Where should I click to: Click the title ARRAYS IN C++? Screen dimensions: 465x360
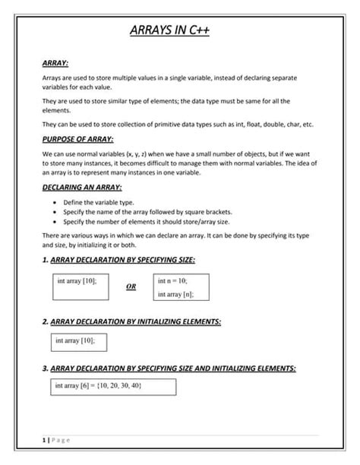[179, 31]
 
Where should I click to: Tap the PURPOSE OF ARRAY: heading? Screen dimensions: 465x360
[77, 139]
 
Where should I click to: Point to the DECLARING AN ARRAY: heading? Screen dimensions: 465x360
[81, 187]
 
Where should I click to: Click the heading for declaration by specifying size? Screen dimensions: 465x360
[119, 261]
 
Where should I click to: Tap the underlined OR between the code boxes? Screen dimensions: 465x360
[131, 287]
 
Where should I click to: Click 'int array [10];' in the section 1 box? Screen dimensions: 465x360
[77, 280]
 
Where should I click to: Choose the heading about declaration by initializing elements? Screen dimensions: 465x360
[132, 322]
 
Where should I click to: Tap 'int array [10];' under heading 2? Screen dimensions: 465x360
[75, 342]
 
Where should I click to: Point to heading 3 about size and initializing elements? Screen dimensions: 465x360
[169, 368]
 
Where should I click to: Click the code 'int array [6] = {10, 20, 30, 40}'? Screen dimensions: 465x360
[98, 387]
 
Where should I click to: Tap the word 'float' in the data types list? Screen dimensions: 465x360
[238, 124]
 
